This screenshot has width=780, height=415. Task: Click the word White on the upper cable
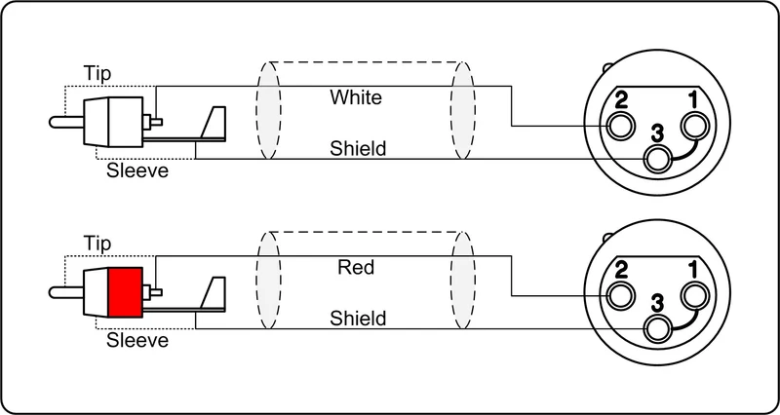[x=356, y=97]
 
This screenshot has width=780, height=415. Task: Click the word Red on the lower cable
[x=356, y=267]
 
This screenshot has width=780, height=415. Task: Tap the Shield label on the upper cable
[x=358, y=148]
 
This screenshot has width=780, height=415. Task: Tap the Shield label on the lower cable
[x=358, y=318]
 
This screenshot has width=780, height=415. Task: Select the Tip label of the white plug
[x=97, y=74]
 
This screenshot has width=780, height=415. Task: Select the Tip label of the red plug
[x=97, y=244]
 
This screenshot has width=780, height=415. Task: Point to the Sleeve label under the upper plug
[x=137, y=170]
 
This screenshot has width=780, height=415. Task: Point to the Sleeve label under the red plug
[x=137, y=340]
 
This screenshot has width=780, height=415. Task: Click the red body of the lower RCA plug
[x=126, y=291]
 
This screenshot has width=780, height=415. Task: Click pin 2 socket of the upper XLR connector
[x=620, y=126]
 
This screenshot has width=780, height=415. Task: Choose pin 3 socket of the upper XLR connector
[x=657, y=159]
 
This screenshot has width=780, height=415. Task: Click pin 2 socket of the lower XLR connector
[x=620, y=296]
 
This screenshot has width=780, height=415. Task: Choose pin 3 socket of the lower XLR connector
[x=657, y=329]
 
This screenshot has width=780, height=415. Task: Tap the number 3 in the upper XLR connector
[x=657, y=133]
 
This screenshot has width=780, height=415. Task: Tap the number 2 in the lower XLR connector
[x=621, y=272]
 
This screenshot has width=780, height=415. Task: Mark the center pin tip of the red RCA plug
[x=52, y=292]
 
